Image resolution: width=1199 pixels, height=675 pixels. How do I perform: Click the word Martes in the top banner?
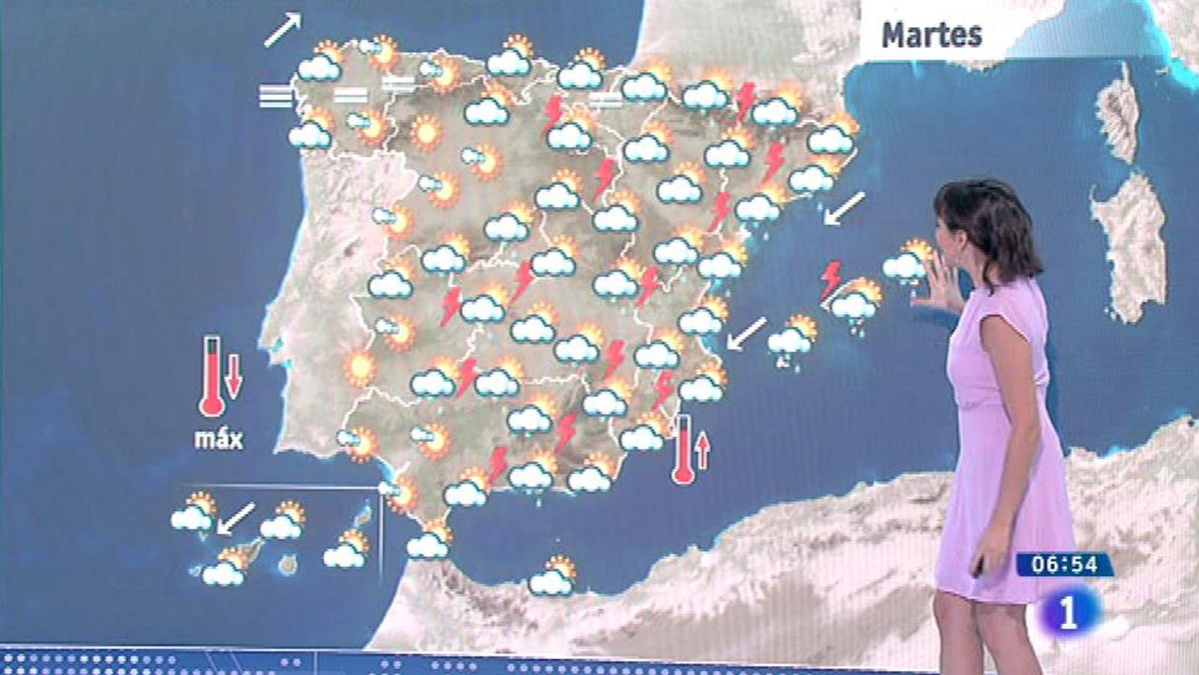pyautogui.click(x=931, y=34)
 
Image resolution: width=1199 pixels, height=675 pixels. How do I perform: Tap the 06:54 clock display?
pyautogui.click(x=1064, y=564)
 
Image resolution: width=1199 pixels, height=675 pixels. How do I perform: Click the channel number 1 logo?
pyautogui.click(x=1069, y=614)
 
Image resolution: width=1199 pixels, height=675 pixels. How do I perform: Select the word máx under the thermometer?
pyautogui.click(x=218, y=438)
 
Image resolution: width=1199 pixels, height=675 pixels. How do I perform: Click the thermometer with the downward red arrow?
pyautogui.click(x=212, y=375)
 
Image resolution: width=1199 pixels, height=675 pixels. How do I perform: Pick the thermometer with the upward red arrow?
pyautogui.click(x=683, y=450)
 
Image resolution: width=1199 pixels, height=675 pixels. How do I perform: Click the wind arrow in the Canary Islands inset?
pyautogui.click(x=235, y=519)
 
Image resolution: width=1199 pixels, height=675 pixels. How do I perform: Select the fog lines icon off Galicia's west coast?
pyautogui.click(x=276, y=96)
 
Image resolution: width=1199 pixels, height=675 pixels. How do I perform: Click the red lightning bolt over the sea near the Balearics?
pyautogui.click(x=830, y=279)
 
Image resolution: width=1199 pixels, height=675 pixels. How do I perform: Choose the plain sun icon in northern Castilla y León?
pyautogui.click(x=426, y=133)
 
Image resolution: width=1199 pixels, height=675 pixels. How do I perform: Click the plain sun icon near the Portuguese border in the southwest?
pyautogui.click(x=360, y=368)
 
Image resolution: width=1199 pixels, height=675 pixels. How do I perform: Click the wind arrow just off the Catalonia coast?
pyautogui.click(x=844, y=208)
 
